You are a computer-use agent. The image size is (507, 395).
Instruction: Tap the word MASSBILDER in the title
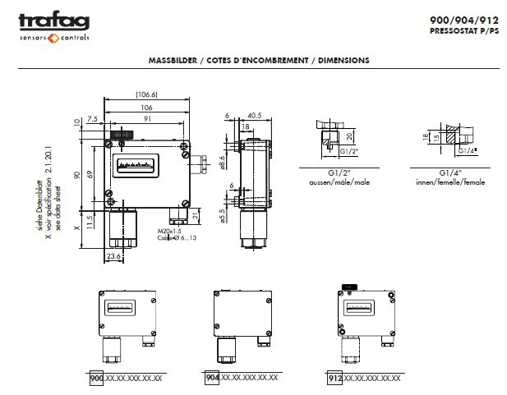pyautogui.click(x=170, y=60)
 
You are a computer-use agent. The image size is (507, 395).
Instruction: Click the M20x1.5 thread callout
pyautogui.click(x=169, y=232)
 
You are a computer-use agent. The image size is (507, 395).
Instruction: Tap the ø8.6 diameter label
pyautogui.click(x=224, y=161)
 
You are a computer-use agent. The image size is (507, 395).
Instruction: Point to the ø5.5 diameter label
pyautogui.click(x=224, y=217)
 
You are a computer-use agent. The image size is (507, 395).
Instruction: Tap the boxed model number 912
pyautogui.click(x=335, y=379)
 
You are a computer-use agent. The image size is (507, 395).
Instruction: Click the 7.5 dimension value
pyautogui.click(x=92, y=118)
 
